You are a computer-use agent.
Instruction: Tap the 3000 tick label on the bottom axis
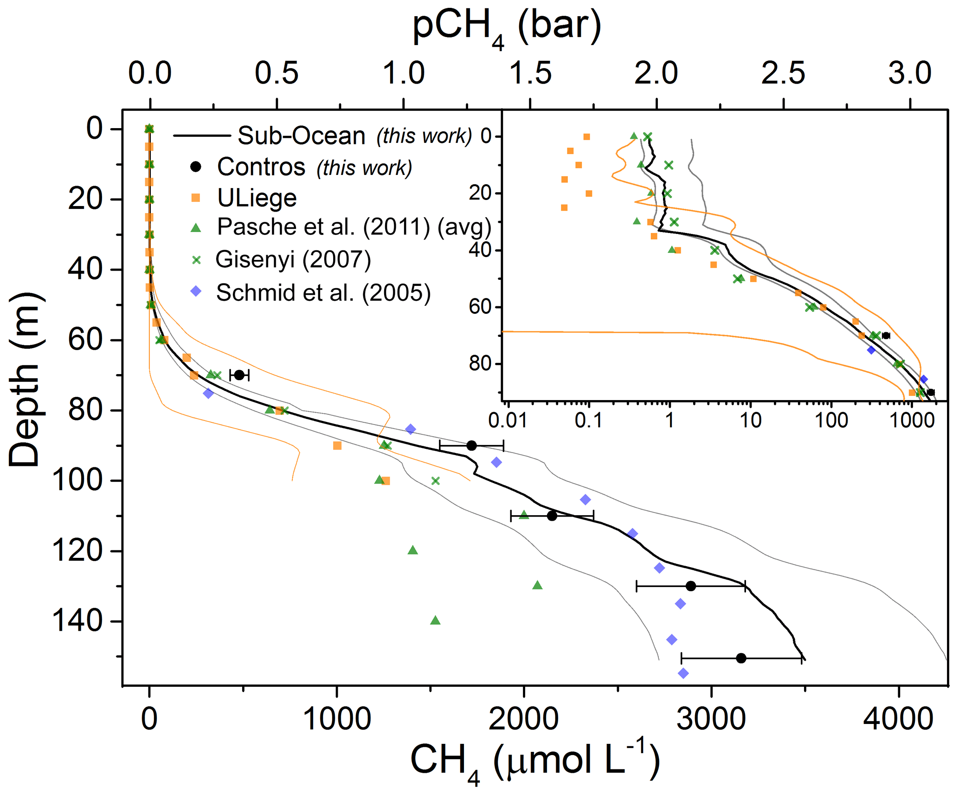tap(711, 719)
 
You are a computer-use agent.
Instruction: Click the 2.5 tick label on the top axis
tap(783, 73)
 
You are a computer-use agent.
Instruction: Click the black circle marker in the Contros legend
tap(196, 167)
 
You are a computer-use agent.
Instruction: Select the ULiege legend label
tap(257, 198)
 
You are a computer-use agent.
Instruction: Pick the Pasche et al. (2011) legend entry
tap(354, 227)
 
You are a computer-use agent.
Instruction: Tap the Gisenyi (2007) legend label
tap(293, 259)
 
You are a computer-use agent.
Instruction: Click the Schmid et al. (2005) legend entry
tap(323, 293)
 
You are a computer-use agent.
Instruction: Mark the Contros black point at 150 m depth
tap(741, 658)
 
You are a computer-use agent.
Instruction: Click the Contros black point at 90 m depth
tap(471, 446)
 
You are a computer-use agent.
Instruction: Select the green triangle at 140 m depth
tap(435, 620)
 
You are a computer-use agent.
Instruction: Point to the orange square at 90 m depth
tap(337, 446)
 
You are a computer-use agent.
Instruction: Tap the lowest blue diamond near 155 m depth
tap(683, 673)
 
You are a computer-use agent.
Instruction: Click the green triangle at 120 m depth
tap(413, 550)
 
